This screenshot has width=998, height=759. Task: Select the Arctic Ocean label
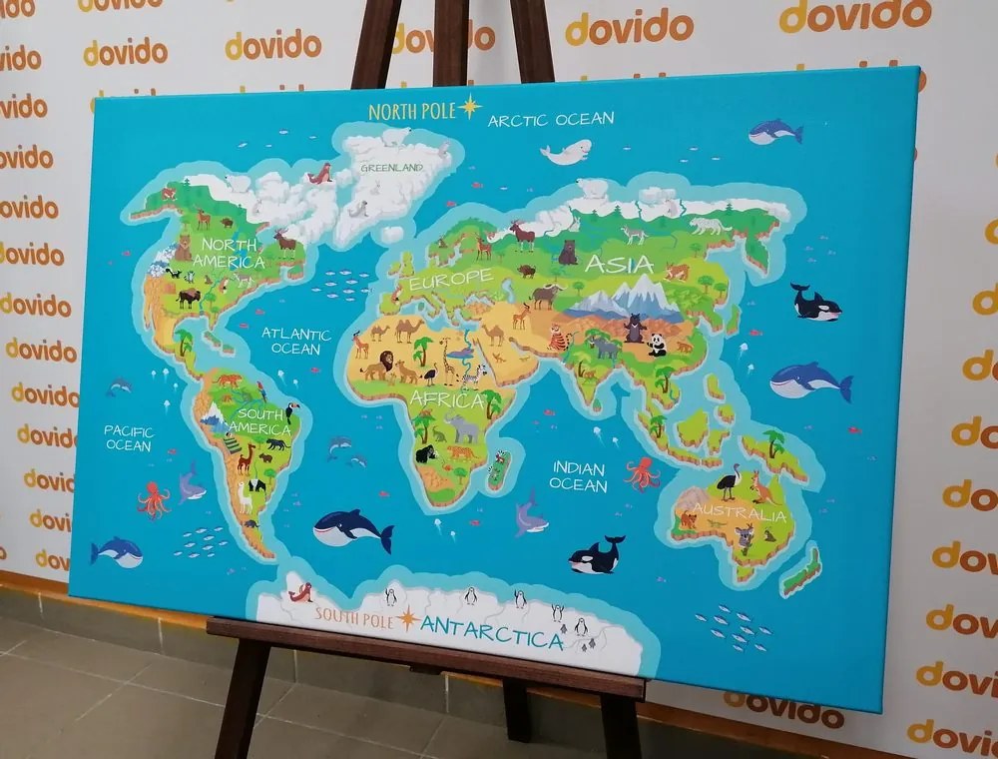[550, 120]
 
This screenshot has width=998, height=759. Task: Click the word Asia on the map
[618, 265]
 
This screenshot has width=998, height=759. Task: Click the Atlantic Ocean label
[296, 341]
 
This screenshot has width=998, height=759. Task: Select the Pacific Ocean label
[129, 437]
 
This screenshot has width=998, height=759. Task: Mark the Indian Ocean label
[578, 476]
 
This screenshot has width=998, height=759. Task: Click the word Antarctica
[491, 633]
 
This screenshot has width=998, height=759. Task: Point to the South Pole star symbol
[408, 619]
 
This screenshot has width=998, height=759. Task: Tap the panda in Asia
[657, 345]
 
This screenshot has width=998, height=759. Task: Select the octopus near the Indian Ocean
[643, 472]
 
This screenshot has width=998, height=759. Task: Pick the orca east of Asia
[814, 304]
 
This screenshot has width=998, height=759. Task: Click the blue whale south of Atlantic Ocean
[352, 528]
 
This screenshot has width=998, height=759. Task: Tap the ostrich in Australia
[730, 481]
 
